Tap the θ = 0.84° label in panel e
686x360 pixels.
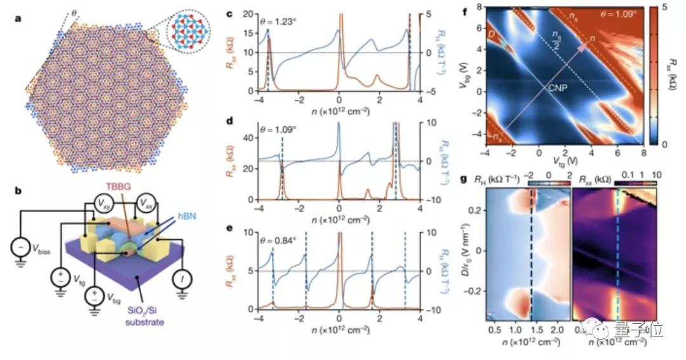(277, 239)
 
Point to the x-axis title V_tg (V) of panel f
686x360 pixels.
(565, 161)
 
